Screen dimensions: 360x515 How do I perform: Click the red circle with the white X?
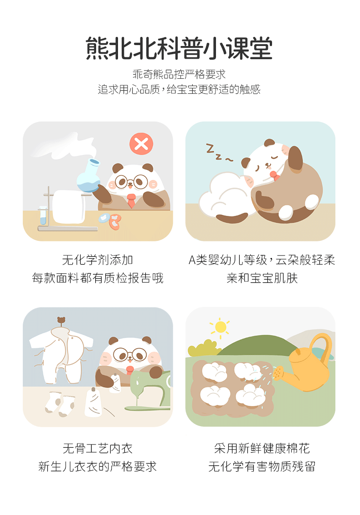coord(141,144)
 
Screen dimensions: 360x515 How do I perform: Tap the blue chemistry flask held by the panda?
coord(89,176)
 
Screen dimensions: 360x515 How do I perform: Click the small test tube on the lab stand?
coord(42,215)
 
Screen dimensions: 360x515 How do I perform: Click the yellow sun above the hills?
coord(220,327)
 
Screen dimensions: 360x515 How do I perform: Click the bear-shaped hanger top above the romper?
coord(61,321)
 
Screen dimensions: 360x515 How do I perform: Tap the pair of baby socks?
coord(60,403)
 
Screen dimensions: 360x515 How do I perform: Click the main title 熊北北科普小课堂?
coord(179,48)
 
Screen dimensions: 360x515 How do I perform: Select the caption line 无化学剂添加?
coord(98,260)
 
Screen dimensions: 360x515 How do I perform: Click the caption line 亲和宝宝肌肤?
coord(262,278)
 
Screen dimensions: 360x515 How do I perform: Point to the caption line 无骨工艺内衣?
coord(98,449)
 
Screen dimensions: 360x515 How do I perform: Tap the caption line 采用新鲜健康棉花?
coord(262,449)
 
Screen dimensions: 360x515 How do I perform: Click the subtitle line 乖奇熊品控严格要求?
coord(179,74)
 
